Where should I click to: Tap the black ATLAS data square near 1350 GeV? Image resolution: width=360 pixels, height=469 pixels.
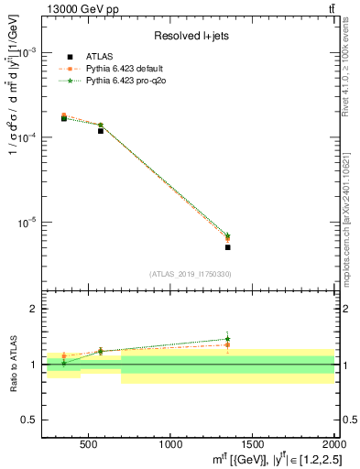227,247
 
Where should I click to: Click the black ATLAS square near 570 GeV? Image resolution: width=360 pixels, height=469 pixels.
101,131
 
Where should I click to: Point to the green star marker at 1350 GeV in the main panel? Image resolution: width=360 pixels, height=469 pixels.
227,236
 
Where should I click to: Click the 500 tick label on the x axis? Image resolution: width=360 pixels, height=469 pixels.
89,443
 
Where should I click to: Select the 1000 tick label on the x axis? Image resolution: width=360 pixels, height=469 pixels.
170,443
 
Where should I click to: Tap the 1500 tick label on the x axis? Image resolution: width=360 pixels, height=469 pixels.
252,443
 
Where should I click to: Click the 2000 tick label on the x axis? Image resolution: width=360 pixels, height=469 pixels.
333,443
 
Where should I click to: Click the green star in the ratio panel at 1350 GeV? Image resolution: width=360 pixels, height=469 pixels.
227,339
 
